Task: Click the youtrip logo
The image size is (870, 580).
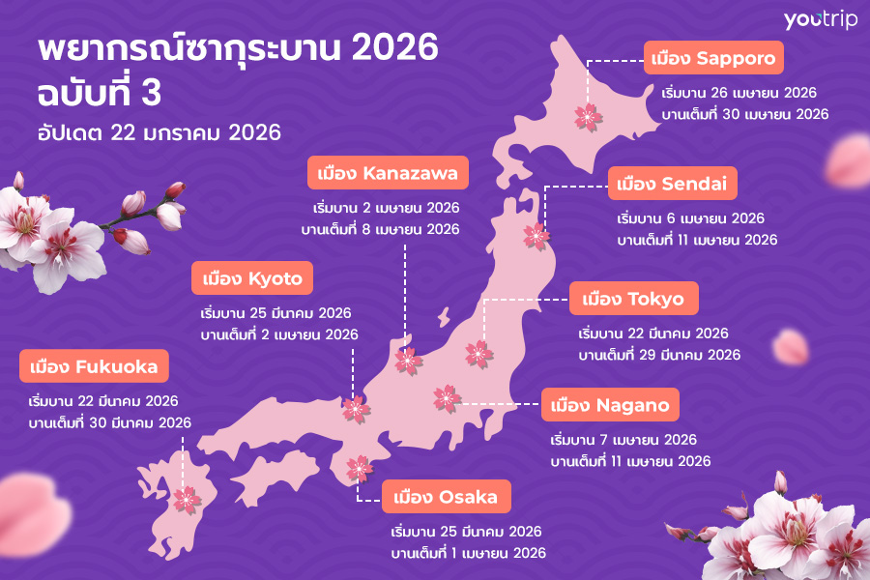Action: pyautogui.click(x=820, y=20)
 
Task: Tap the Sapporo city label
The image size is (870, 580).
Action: pyautogui.click(x=712, y=60)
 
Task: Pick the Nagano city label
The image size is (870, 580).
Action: pyautogui.click(x=610, y=405)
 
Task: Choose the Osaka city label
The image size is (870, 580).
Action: pyautogui.click(x=446, y=498)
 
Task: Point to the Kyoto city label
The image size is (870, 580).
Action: pyautogui.click(x=252, y=280)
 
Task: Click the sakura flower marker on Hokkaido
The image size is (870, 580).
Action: pyautogui.click(x=588, y=117)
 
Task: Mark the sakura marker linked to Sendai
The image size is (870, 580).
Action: pyautogui.click(x=535, y=235)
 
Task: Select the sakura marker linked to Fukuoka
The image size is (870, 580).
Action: pyautogui.click(x=185, y=500)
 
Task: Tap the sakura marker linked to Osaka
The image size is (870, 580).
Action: pyautogui.click(x=359, y=469)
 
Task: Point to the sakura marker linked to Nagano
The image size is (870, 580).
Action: pyautogui.click(x=446, y=397)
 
